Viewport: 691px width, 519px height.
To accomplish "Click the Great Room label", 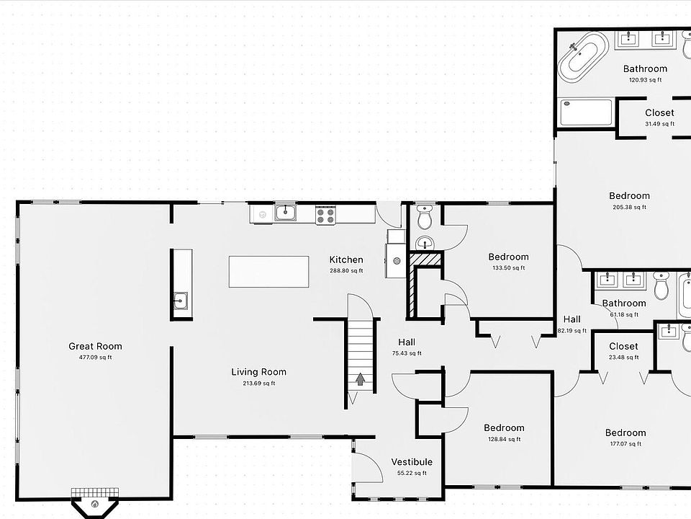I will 95,346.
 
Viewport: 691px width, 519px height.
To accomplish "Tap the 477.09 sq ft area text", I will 95,357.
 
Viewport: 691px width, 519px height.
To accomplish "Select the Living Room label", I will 258,372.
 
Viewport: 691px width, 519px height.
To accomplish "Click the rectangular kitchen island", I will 268,272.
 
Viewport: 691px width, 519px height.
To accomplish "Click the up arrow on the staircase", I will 360,378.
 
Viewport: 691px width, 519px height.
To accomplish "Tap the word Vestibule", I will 412,462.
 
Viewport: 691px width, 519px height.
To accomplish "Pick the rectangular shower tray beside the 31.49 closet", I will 587,113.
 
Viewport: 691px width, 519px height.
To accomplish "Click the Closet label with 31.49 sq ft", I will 659,112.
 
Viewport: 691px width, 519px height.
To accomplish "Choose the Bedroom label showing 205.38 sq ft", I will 629,195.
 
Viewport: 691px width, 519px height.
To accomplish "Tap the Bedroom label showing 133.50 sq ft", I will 508,257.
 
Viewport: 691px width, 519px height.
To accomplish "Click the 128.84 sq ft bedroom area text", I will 504,438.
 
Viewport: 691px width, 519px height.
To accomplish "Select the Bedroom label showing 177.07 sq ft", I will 625,433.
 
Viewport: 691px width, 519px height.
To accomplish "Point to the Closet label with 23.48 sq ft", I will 623,346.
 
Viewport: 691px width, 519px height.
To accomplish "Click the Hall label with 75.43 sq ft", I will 407,342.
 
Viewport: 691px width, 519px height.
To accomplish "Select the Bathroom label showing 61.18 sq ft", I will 624,303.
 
